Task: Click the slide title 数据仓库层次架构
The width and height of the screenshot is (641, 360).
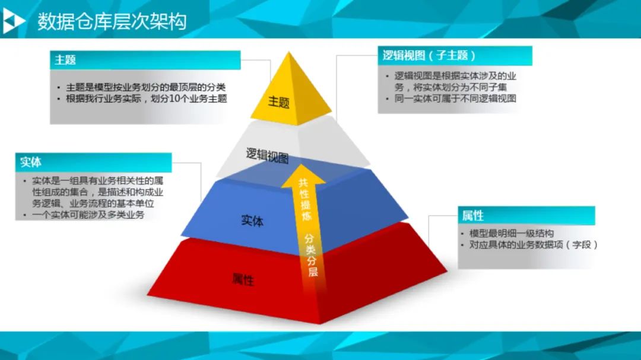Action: [112, 21]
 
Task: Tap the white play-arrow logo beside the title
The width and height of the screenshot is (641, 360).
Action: [13, 21]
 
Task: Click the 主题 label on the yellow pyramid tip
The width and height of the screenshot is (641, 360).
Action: [279, 102]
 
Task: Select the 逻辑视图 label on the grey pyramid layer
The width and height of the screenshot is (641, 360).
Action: [267, 156]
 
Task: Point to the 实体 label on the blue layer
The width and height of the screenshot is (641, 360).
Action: [252, 221]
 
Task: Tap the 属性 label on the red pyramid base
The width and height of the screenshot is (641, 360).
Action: [243, 280]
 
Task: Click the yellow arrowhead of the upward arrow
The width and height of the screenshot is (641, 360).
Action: [303, 176]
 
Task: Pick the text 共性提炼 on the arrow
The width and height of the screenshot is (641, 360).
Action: [305, 200]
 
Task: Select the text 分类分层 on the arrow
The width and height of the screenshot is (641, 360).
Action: [311, 255]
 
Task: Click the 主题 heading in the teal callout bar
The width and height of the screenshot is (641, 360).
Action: [65, 60]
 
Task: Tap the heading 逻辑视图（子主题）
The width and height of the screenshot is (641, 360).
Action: [429, 55]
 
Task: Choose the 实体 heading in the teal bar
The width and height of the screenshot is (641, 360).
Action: [31, 163]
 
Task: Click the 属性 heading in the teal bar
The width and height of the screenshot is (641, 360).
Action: [472, 215]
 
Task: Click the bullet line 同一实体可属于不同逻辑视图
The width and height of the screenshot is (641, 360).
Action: [455, 98]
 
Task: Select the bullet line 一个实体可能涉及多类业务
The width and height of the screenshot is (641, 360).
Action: [88, 215]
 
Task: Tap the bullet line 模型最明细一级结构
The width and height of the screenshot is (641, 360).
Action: [512, 233]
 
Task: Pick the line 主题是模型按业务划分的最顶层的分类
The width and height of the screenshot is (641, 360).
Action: [146, 87]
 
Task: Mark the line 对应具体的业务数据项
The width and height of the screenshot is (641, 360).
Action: [516, 244]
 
